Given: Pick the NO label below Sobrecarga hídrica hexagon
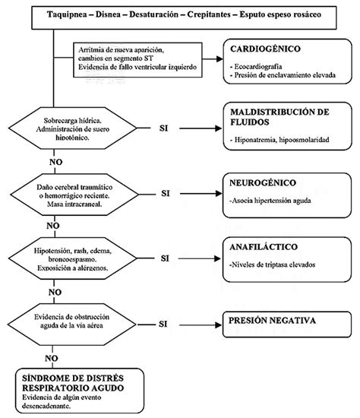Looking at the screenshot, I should pos(55,162).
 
